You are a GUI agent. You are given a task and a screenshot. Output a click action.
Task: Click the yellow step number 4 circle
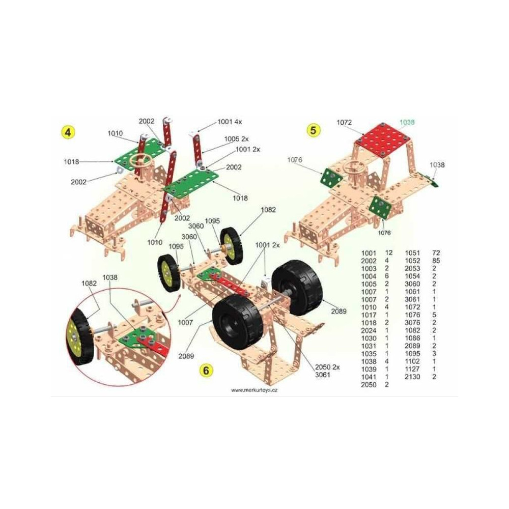click(x=68, y=132)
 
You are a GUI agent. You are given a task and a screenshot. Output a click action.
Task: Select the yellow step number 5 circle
click(x=313, y=130)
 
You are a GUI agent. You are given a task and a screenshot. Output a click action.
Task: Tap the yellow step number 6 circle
click(x=206, y=370)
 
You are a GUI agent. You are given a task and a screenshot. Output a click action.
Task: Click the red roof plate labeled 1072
click(x=383, y=140)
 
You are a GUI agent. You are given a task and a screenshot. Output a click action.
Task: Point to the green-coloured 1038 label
click(x=407, y=122)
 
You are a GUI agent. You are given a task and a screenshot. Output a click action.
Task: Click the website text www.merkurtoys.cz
click(x=254, y=390)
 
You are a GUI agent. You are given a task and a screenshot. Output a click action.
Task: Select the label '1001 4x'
click(x=230, y=122)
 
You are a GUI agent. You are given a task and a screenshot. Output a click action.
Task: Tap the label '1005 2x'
click(x=236, y=139)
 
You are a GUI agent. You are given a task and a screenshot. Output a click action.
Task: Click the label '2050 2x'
click(x=327, y=367)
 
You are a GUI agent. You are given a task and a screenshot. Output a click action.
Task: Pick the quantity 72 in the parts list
click(x=436, y=253)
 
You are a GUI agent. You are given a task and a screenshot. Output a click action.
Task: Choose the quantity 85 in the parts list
click(x=436, y=261)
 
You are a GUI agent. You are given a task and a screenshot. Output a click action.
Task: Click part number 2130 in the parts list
click(x=412, y=377)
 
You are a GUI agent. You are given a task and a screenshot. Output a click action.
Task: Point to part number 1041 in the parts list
click(x=369, y=377)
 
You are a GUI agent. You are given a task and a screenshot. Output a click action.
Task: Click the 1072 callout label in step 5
click(x=344, y=122)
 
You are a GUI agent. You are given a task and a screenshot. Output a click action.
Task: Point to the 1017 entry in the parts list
click(x=369, y=315)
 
